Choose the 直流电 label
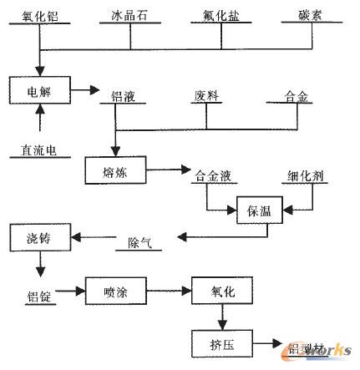[x=38, y=151]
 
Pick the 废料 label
[x=205, y=98]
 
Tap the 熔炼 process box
[x=115, y=170]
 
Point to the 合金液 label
[x=210, y=176]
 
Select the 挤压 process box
[x=220, y=343]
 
